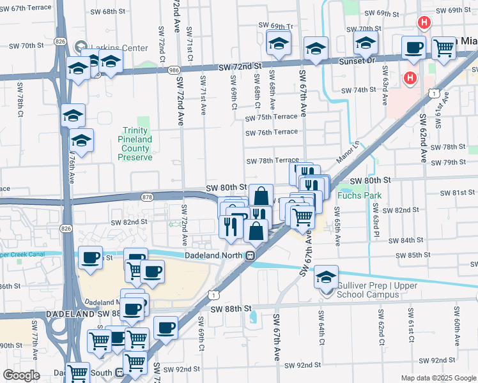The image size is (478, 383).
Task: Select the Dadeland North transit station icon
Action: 251,255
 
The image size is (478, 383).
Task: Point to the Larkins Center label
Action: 119,48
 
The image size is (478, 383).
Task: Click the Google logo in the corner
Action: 22,375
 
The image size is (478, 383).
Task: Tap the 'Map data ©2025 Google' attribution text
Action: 438,378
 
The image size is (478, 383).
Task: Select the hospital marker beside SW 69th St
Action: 423,24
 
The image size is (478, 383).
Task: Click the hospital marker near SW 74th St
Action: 410,79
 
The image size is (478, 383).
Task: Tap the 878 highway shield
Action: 147,197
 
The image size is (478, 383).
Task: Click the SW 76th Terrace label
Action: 272,131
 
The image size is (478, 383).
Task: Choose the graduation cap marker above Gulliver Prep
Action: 326,276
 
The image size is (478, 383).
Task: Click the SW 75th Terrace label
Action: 272,117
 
